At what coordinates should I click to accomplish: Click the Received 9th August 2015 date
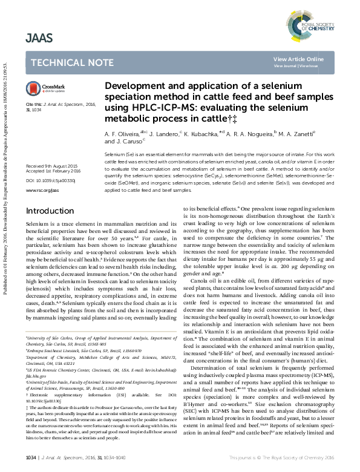click(x=51, y=165)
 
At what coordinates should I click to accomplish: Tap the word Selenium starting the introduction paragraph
click(x=36, y=224)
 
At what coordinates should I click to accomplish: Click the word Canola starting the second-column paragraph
click(x=200, y=283)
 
